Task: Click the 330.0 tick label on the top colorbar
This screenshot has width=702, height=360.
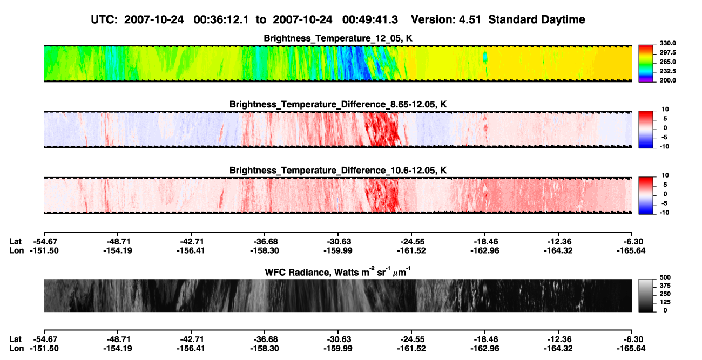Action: point(667,43)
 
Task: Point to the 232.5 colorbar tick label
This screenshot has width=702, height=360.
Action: point(667,71)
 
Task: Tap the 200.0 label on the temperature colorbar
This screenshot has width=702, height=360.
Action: point(667,80)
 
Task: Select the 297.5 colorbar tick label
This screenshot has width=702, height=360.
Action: point(667,53)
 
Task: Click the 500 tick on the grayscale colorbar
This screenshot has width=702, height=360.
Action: point(665,277)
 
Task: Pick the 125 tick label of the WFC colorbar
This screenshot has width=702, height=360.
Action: point(665,302)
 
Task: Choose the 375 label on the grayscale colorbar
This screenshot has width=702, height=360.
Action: point(665,286)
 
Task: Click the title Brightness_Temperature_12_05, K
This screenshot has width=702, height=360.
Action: point(338,38)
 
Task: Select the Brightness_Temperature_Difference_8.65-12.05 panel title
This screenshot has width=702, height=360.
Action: point(338,104)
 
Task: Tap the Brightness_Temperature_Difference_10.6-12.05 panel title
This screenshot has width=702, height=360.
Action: point(338,171)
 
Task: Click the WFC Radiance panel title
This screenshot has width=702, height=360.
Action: point(338,272)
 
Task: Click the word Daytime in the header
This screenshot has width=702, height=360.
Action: point(559,20)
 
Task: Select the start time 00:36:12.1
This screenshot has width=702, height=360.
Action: point(221,20)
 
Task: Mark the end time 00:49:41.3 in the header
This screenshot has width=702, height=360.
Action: point(370,20)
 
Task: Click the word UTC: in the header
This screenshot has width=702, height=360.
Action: point(104,20)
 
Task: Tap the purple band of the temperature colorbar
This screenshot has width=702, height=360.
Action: point(646,80)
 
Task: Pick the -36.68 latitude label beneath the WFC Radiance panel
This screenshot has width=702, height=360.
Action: point(265,339)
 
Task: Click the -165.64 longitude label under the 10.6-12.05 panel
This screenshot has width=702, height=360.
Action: point(631,250)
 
